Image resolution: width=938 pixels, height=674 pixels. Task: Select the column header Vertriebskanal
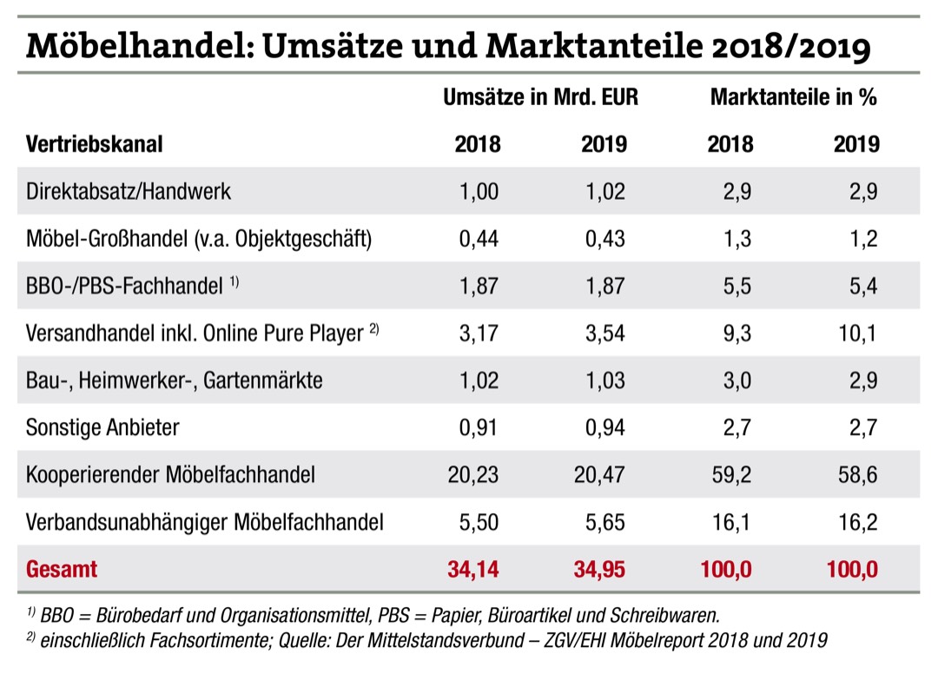tap(95, 143)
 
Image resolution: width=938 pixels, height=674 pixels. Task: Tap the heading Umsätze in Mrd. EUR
tap(540, 97)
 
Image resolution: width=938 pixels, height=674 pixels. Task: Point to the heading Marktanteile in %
tap(793, 97)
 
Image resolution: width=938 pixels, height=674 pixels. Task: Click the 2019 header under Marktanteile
tap(855, 143)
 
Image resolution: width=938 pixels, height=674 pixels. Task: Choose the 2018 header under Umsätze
tap(478, 143)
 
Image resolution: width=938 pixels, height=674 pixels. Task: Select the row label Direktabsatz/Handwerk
tap(129, 191)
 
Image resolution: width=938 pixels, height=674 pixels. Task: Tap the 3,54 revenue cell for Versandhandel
tap(603, 334)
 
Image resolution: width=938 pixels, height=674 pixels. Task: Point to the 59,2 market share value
tap(731, 475)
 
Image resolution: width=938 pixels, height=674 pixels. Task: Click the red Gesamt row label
tap(63, 570)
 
